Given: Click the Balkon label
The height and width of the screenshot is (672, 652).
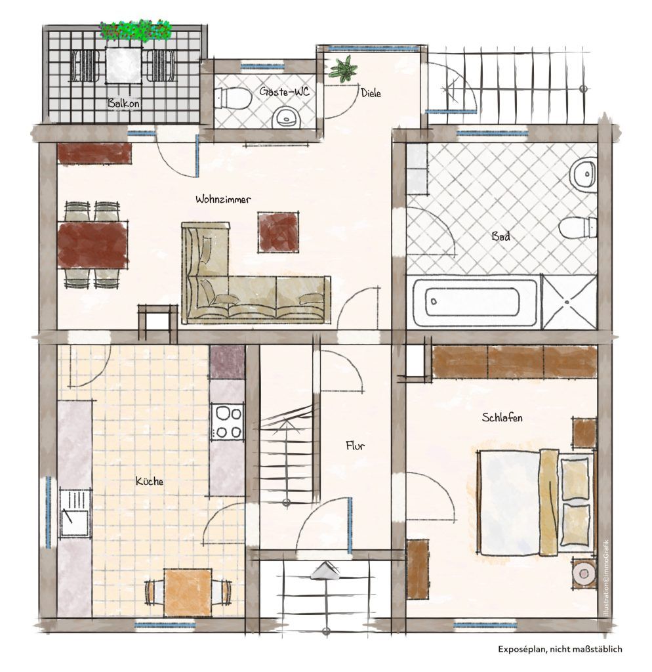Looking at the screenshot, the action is click(123, 103).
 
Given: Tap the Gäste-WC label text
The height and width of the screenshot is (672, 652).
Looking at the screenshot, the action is click(284, 91).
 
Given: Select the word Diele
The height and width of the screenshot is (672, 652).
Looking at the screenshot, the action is click(371, 93).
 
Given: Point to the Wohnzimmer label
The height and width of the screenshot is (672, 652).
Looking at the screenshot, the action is click(223, 199).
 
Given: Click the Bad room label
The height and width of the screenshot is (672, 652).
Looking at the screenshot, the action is click(500, 236).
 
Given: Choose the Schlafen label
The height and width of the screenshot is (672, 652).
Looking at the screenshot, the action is click(502, 417).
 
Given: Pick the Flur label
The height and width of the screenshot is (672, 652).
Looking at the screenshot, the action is click(355, 446).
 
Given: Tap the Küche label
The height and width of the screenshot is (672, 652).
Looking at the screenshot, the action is click(150, 481).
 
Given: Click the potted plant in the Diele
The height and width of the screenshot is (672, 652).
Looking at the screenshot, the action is click(343, 68).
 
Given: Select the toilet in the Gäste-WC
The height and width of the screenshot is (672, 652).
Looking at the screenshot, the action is click(232, 98).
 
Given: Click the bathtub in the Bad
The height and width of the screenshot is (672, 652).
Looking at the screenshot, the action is click(474, 302).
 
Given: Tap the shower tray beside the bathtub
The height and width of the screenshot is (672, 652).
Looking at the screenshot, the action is click(569, 302).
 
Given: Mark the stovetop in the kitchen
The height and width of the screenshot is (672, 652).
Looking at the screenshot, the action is click(227, 422).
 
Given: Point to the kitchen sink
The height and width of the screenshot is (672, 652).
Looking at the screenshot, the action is click(75, 512).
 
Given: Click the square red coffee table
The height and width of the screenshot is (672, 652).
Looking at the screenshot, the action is click(278, 232).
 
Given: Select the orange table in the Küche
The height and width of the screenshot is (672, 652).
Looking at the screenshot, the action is click(188, 592).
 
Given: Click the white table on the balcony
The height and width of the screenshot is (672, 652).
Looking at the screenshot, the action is click(123, 65).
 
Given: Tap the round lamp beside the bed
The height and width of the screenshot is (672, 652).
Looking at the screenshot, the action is click(584, 572).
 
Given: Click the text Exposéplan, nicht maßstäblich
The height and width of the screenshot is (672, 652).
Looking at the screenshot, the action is click(560, 649).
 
